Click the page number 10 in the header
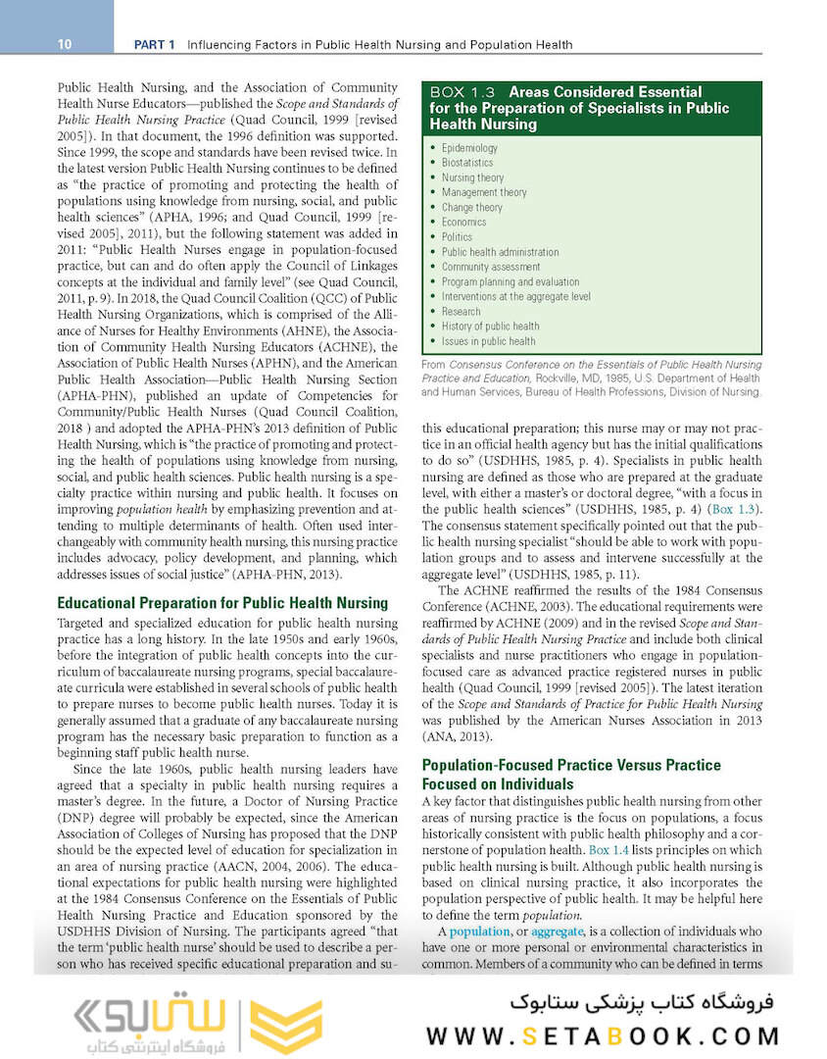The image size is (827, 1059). pos(64,44)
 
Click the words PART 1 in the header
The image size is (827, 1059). pos(155,44)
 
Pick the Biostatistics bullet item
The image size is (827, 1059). pos(467,163)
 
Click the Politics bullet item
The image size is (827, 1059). pos(457,237)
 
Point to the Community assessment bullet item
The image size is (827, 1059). pos(490,267)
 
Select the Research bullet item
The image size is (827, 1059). pos(461,311)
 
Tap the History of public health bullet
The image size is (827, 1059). pos(490,327)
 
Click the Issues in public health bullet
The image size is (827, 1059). pos(488,341)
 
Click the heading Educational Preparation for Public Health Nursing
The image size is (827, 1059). pos(222,603)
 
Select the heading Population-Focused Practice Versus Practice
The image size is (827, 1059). pos(570,765)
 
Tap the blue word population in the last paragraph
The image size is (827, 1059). pos(480,931)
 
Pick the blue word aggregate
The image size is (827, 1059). pos(557,931)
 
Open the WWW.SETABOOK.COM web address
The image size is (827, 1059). pos(604,1035)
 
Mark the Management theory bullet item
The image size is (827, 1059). pos(484,193)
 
